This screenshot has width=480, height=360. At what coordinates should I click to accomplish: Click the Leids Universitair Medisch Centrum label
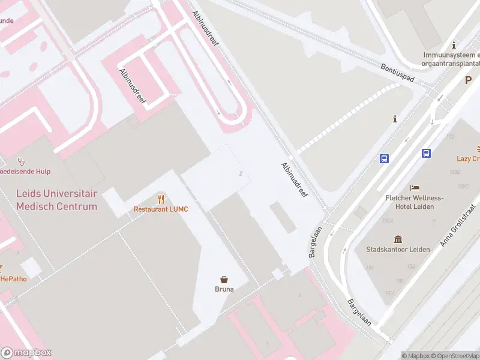(x=56, y=200)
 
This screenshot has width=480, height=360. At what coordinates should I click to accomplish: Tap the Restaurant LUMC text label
(x=161, y=209)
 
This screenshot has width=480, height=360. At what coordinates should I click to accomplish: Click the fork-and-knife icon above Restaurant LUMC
(x=161, y=199)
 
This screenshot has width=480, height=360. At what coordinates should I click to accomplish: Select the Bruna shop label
(x=224, y=289)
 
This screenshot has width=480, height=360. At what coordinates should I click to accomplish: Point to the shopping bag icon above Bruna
(x=224, y=279)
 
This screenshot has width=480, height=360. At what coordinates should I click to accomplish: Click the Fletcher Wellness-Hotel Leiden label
(x=414, y=202)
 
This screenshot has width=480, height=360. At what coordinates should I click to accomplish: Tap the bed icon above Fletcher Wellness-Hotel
(x=414, y=188)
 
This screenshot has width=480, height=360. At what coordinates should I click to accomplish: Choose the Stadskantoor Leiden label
(x=398, y=249)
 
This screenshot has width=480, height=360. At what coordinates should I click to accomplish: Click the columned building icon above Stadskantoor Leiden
(x=398, y=239)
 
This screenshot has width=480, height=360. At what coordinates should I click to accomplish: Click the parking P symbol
(x=469, y=80)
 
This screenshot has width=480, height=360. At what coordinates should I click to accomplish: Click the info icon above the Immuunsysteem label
(x=454, y=46)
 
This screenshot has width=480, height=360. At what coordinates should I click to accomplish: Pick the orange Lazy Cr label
(x=468, y=158)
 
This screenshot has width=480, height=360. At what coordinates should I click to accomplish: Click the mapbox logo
(x=26, y=352)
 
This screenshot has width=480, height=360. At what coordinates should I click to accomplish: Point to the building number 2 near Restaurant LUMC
(x=241, y=173)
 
